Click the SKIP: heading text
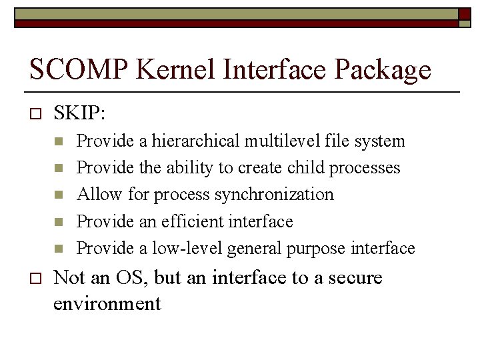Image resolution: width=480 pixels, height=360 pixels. click(79, 113)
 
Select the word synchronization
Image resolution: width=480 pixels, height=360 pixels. click(275, 195)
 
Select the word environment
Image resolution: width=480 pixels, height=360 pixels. click(107, 304)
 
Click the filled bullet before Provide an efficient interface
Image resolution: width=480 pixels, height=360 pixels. click(58, 222)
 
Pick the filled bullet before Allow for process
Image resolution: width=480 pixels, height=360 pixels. click(58, 195)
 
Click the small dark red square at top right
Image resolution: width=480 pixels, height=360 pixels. click(465, 14)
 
